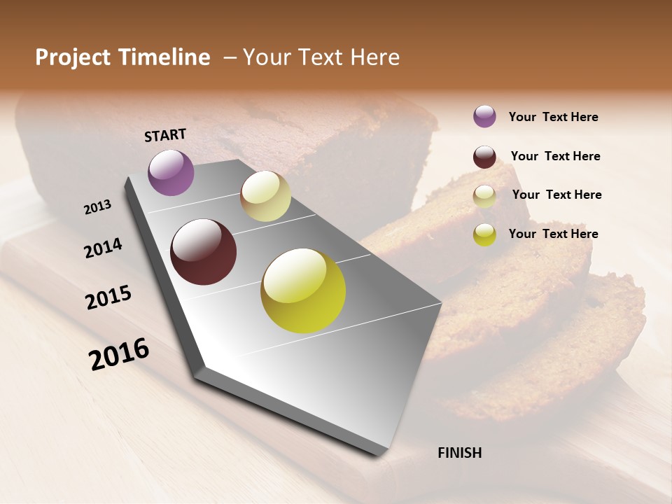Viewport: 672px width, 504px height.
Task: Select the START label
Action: pos(165,135)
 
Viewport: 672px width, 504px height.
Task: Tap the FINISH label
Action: pos(460,453)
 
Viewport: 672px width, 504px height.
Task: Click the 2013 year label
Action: pos(97,206)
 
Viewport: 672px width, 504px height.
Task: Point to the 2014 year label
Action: pos(103,248)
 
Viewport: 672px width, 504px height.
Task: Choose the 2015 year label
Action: pos(108,297)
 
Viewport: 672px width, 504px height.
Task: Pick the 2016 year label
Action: pos(119,354)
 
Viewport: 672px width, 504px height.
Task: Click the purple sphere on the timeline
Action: pos(171,173)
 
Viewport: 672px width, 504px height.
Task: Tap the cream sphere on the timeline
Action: pos(265,196)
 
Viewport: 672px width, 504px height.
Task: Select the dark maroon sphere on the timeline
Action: pos(203,252)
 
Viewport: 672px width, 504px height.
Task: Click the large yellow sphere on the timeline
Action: pos(303,290)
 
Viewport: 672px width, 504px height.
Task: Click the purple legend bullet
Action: pos(484,116)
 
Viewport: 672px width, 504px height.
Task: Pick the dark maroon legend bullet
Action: pos(484,157)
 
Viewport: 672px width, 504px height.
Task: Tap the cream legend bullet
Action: pos(484,196)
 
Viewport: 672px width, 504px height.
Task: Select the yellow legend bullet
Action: pos(484,234)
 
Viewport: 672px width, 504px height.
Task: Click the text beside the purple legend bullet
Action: pos(553,117)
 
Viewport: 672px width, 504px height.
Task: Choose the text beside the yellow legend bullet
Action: pos(553,234)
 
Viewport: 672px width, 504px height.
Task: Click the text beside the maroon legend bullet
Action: pos(555,156)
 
